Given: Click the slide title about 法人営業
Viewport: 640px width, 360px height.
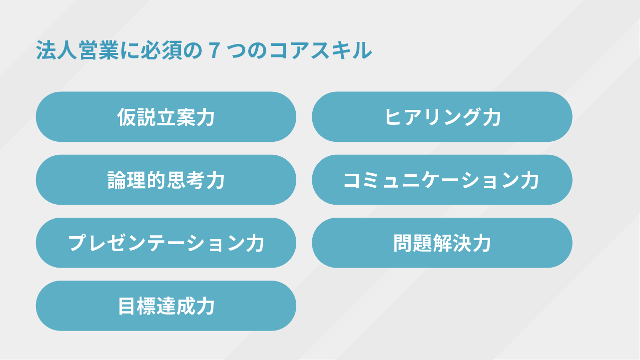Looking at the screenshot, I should [204, 51].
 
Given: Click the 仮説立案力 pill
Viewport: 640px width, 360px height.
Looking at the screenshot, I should [166, 117].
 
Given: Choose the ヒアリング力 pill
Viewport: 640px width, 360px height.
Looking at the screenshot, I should [442, 117].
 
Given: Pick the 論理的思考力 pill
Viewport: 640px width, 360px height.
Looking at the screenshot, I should [166, 180].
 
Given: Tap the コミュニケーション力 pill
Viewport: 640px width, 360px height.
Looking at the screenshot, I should [442, 180].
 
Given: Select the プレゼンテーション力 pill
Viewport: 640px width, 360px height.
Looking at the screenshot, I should [166, 243].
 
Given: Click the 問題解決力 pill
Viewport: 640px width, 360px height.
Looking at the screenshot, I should [442, 243].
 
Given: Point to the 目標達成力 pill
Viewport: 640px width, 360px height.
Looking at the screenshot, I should [166, 306].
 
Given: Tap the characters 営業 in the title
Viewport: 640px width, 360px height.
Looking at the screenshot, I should [98, 51].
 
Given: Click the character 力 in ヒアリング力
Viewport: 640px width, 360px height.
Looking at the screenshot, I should [492, 117].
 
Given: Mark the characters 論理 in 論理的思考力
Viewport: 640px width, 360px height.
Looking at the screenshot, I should [127, 180].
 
